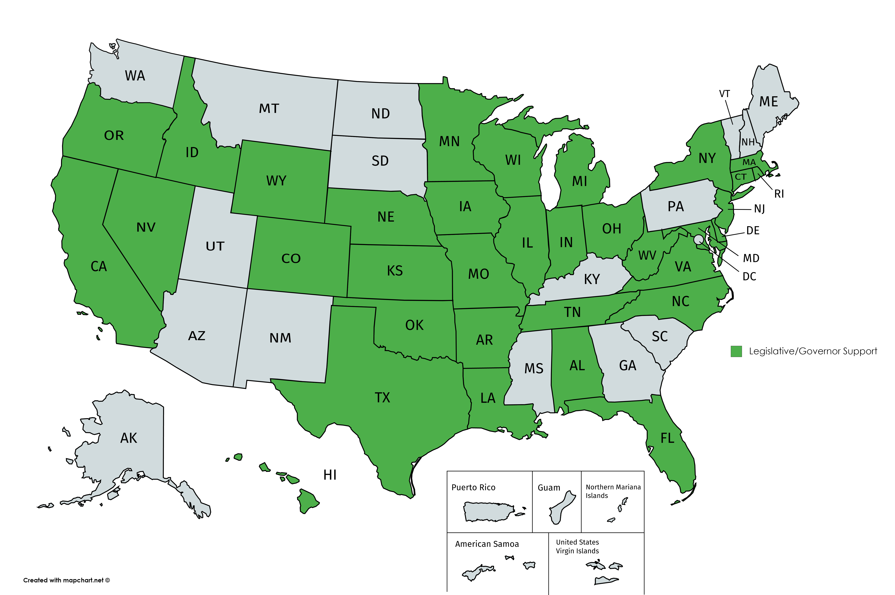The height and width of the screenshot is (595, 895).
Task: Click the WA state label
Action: pyautogui.click(x=135, y=76)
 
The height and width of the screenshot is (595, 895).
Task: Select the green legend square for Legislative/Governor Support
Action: pyautogui.click(x=736, y=351)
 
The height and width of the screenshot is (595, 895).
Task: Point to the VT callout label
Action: pyautogui.click(x=724, y=94)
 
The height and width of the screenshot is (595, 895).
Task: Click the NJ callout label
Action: pyautogui.click(x=759, y=209)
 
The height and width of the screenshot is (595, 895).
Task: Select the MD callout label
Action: pyautogui.click(x=751, y=258)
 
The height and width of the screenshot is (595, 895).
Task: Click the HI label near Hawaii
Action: pyautogui.click(x=330, y=475)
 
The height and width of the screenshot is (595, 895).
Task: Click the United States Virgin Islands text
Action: pyautogui.click(x=577, y=546)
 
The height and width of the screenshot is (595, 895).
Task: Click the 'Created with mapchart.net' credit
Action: pyautogui.click(x=66, y=580)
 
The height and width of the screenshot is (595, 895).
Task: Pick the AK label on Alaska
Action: pyautogui.click(x=128, y=438)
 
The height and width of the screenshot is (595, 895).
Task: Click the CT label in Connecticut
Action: pyautogui.click(x=740, y=177)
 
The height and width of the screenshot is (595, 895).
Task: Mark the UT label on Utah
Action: pyautogui.click(x=215, y=246)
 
